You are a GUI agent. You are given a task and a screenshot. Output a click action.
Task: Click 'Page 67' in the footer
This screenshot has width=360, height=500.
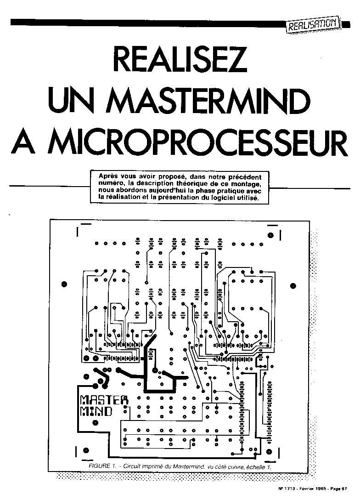(x=341, y=488)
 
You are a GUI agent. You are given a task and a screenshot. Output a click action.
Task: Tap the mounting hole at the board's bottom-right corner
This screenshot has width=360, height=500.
(x=270, y=451)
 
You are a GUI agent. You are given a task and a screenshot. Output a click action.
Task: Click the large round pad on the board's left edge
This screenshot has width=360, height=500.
(x=64, y=284)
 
